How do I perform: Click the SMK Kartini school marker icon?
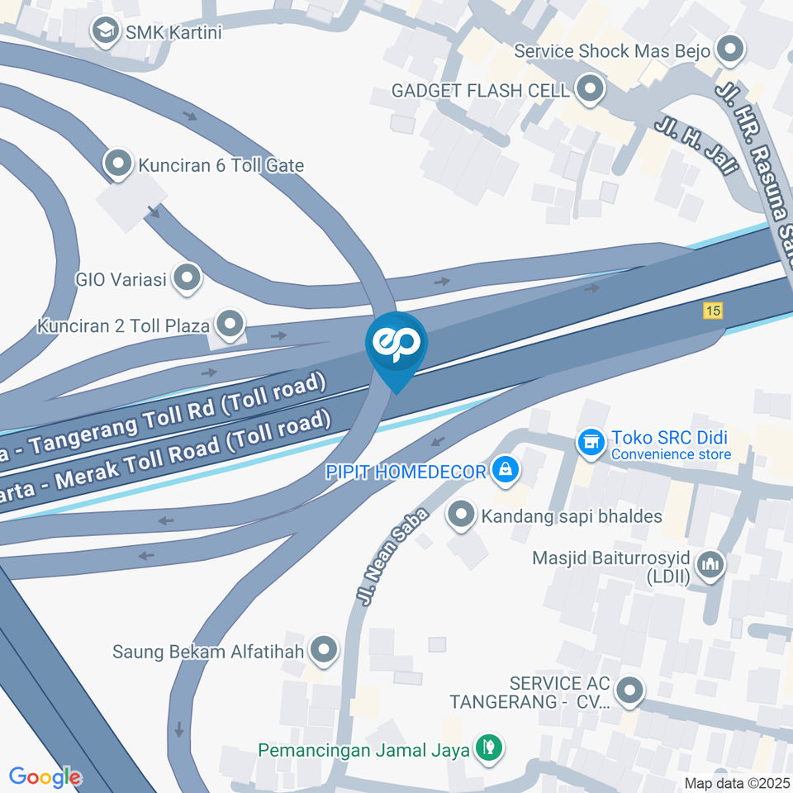(105, 33)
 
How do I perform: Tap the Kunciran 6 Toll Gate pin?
(120, 164)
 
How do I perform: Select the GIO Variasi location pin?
(188, 278)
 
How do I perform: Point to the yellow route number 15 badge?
(713, 311)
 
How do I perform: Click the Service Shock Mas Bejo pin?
(729, 50)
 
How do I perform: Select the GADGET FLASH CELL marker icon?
(589, 89)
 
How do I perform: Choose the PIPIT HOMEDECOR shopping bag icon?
(505, 471)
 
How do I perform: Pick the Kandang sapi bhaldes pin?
(460, 516)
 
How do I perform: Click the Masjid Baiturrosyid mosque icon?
(710, 565)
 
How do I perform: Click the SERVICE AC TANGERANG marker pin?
(630, 691)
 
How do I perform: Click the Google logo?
(45, 776)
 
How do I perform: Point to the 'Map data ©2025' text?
(737, 782)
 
